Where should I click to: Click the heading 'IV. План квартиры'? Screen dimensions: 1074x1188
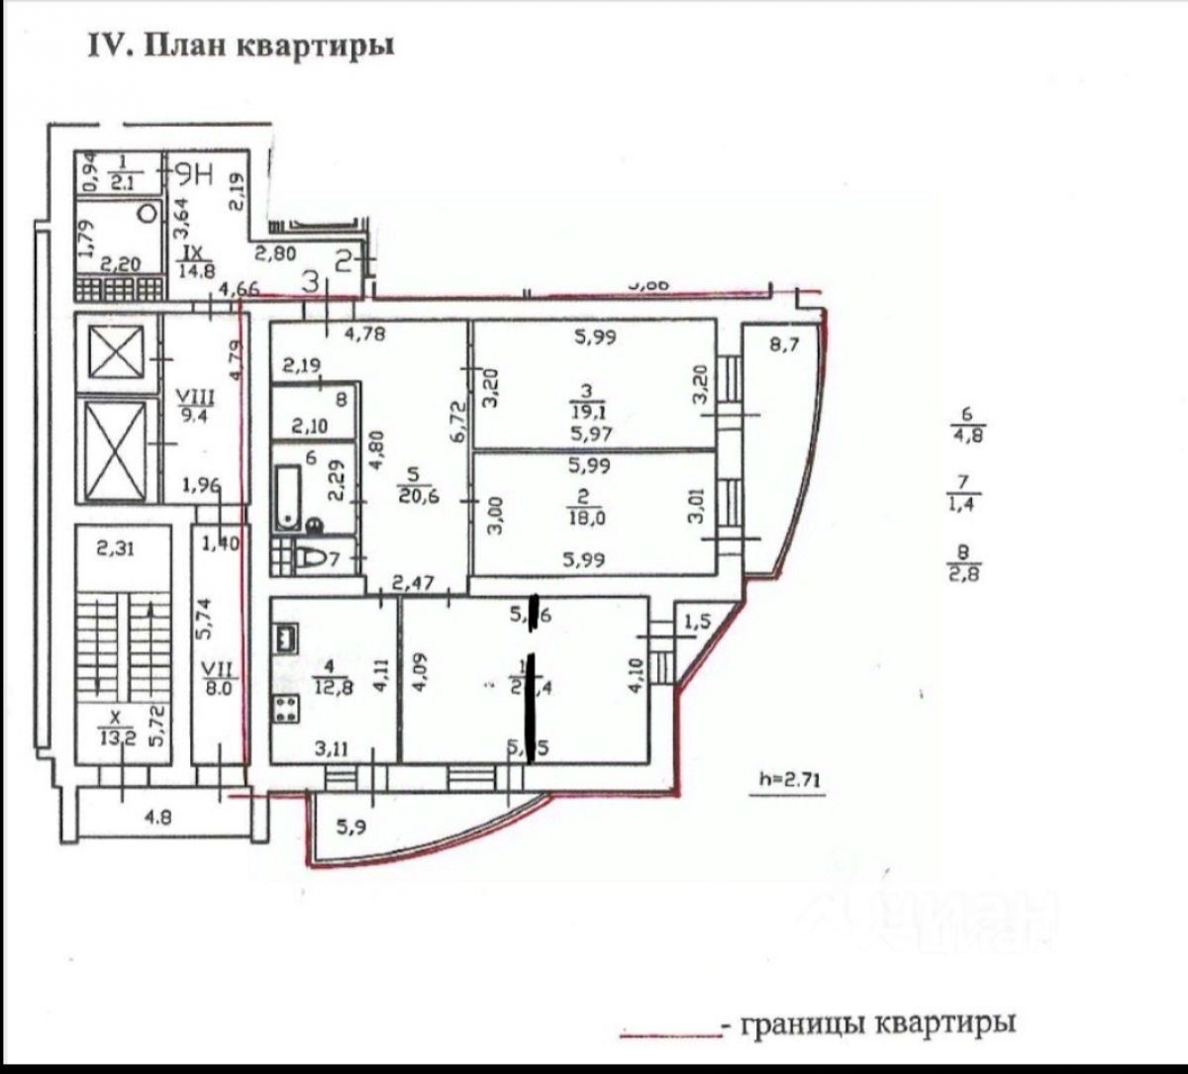[242, 47]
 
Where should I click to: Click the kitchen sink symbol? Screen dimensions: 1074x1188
[288, 636]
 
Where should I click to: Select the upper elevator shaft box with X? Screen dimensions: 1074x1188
[118, 351]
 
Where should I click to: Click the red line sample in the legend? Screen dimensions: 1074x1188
[669, 1034]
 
